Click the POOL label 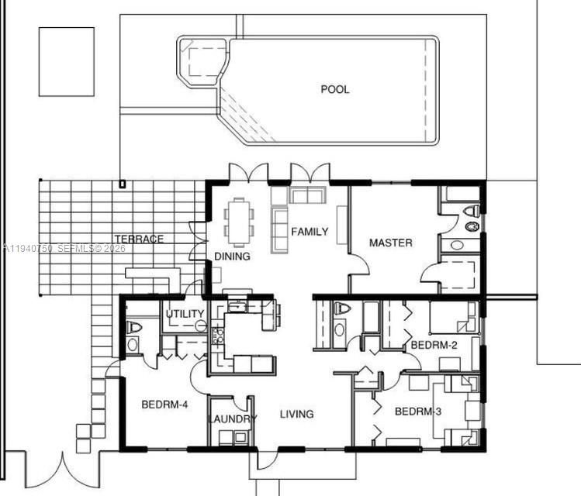point(335,89)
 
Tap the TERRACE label point(139,239)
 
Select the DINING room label point(232,257)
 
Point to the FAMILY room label point(310,232)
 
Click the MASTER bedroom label point(390,243)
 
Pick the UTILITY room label point(185,314)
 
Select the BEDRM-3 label point(418,411)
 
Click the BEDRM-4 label point(164,405)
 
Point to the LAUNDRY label point(232,419)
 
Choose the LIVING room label point(297,414)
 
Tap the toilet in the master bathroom point(471,210)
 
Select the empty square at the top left point(66,62)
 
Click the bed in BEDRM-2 point(452,318)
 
